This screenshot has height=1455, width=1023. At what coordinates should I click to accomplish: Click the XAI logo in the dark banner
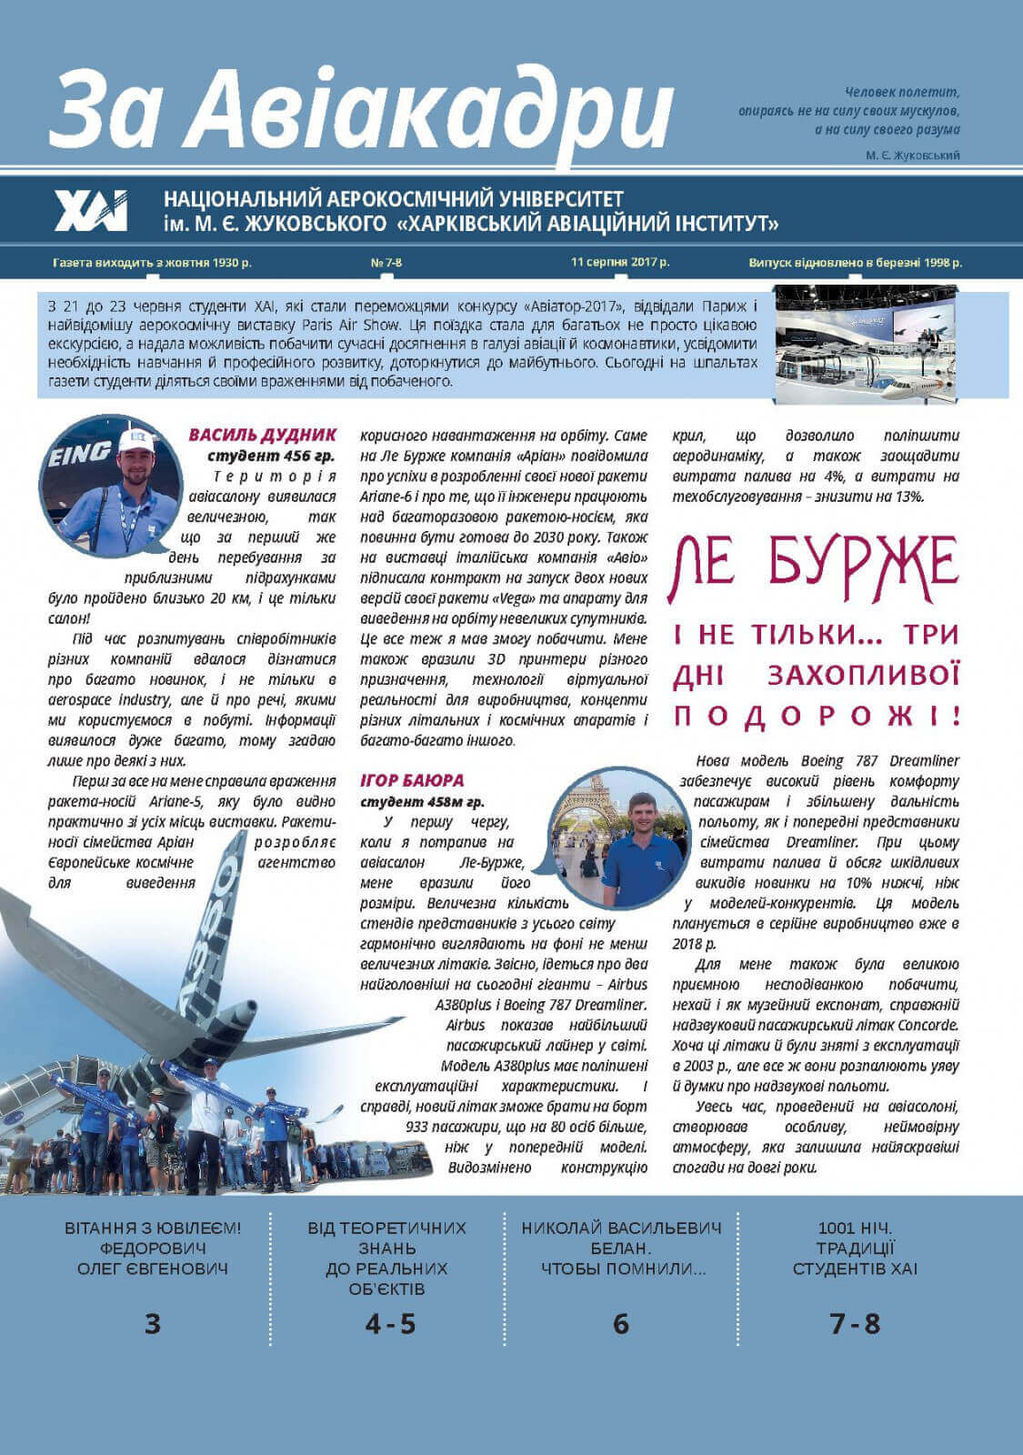[x=91, y=211]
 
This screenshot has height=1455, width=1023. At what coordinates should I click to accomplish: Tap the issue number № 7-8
[x=386, y=263]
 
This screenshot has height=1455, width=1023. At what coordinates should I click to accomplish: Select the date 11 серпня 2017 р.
[x=620, y=262]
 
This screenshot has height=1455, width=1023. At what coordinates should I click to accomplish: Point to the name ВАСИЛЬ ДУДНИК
[x=262, y=436]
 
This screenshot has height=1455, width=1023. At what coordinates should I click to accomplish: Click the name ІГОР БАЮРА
[x=412, y=780]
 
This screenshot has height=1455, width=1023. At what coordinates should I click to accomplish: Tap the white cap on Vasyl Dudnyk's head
[x=136, y=441]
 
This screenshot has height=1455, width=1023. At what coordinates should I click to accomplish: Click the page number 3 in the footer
[x=153, y=1323]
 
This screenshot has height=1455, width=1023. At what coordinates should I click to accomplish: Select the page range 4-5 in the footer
[x=390, y=1324]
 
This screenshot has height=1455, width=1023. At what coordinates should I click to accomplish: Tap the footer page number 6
[x=621, y=1324]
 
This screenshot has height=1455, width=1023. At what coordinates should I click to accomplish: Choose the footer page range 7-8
[x=855, y=1323]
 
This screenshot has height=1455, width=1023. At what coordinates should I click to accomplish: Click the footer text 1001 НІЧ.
[x=855, y=1229]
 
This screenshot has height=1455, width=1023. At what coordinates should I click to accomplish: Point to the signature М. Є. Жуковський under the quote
[x=913, y=156]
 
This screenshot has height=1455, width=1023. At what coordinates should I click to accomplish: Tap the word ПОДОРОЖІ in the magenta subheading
[x=816, y=716]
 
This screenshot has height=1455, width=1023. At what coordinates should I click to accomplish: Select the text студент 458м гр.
[x=422, y=802]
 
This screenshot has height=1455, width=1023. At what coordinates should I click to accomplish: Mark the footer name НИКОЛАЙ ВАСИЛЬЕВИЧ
[x=621, y=1229]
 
